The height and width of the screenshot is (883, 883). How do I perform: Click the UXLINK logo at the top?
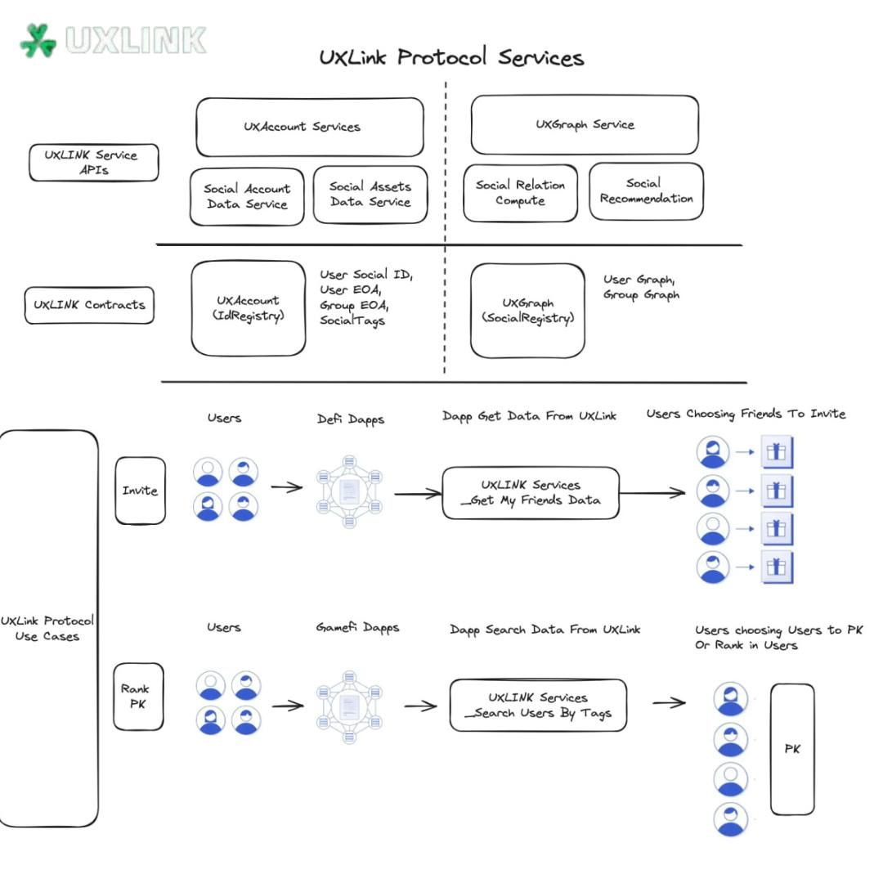(x=113, y=39)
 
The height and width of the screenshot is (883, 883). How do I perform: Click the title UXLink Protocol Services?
(x=451, y=58)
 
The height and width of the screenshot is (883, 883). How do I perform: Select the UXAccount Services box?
(x=309, y=127)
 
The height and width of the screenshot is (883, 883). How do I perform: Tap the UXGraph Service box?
(x=585, y=125)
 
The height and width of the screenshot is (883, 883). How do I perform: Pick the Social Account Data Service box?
(x=247, y=196)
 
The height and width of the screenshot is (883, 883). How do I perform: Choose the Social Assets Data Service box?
(x=370, y=195)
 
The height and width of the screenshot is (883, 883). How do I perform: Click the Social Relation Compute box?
(x=520, y=193)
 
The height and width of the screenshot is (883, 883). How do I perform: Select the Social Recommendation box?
(x=646, y=190)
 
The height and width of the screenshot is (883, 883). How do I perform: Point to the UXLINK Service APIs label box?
(x=93, y=163)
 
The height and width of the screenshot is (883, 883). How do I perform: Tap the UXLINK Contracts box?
(x=89, y=305)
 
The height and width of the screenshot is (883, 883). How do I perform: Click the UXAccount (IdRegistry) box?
(x=248, y=308)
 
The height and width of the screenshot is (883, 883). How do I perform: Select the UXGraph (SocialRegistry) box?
(x=527, y=310)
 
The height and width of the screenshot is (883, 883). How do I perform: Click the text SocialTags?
(x=352, y=321)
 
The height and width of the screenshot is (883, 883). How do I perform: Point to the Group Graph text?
(x=641, y=295)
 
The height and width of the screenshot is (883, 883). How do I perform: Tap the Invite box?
(x=140, y=491)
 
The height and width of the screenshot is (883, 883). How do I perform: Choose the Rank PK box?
(x=138, y=696)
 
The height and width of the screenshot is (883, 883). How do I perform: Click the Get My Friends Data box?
(x=531, y=492)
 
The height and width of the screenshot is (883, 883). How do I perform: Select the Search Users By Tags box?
(x=537, y=705)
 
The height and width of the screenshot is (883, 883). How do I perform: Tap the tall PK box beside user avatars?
(x=791, y=749)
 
